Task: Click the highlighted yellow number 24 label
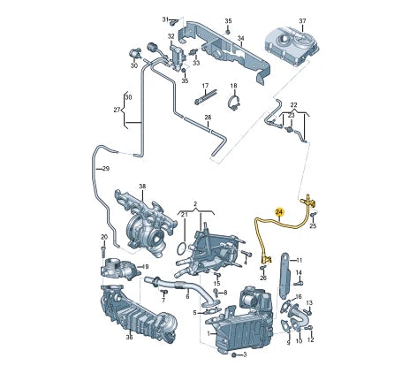[279, 213]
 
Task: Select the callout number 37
[302, 20]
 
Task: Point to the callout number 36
[129, 337]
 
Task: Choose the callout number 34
[239, 39]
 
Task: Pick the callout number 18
[234, 87]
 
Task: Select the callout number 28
[208, 118]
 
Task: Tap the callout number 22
[294, 104]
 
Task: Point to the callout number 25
[313, 226]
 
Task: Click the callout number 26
[263, 278]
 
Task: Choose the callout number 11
[299, 261]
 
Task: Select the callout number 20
[104, 238]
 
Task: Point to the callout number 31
[164, 19]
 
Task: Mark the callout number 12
[311, 340]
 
